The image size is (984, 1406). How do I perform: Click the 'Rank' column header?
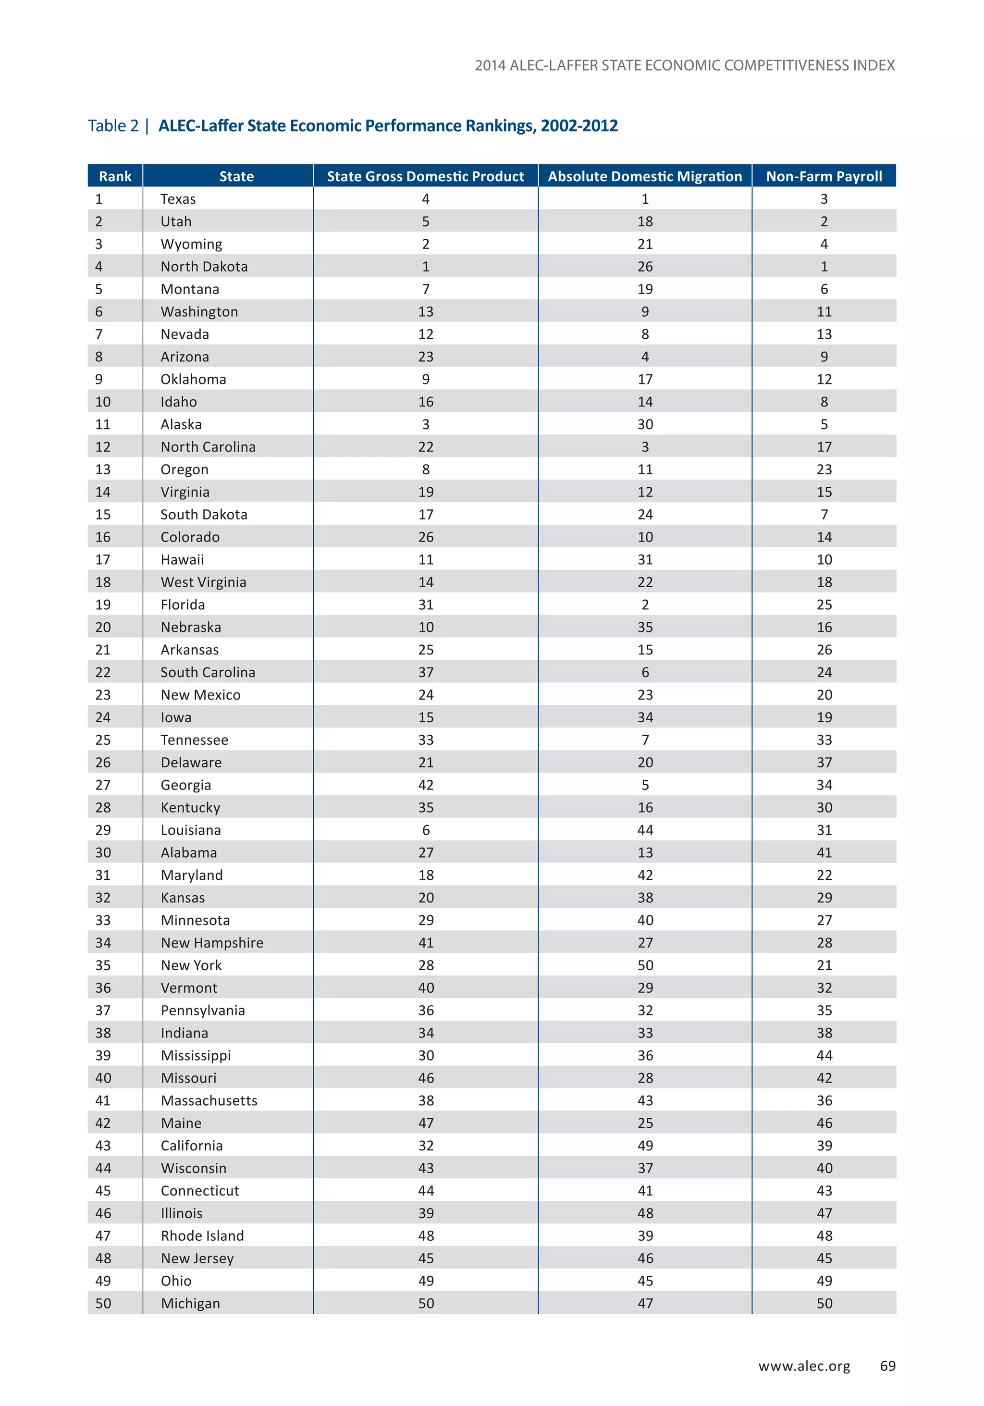coord(115,176)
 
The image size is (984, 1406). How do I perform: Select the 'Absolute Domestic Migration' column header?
coord(645,176)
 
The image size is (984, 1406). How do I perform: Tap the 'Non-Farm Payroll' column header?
coord(824,176)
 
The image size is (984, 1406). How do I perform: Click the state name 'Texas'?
coord(178,199)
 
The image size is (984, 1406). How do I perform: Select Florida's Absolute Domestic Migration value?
coord(645,604)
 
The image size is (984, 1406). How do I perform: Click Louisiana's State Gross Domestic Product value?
coord(426,830)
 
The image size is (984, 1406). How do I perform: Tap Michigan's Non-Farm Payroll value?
coord(824,1303)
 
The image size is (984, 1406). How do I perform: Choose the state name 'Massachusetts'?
coord(209,1100)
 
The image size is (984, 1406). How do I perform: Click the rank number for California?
coord(103,1145)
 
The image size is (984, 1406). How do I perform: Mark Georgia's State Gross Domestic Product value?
coord(426,785)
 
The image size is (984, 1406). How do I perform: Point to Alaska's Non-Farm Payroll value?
coord(824,424)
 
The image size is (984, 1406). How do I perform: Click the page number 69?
coord(887,1366)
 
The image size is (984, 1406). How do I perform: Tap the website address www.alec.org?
coord(804,1366)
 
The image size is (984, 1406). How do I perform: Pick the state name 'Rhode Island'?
coord(202,1236)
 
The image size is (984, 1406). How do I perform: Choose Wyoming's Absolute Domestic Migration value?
coord(645,244)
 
